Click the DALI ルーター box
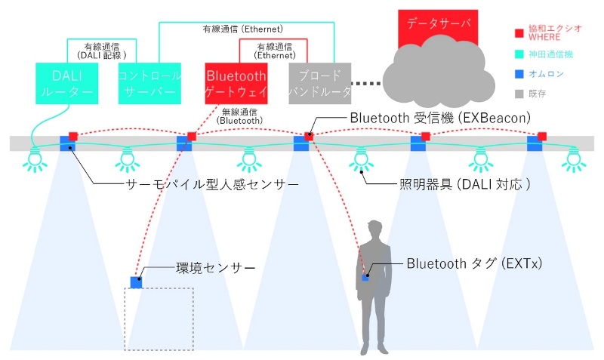(x=66, y=83)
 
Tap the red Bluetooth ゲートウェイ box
(x=236, y=83)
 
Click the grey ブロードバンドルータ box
(x=321, y=83)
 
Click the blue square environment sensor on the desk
(x=137, y=282)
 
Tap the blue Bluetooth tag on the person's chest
(x=365, y=277)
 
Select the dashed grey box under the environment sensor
(x=159, y=318)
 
